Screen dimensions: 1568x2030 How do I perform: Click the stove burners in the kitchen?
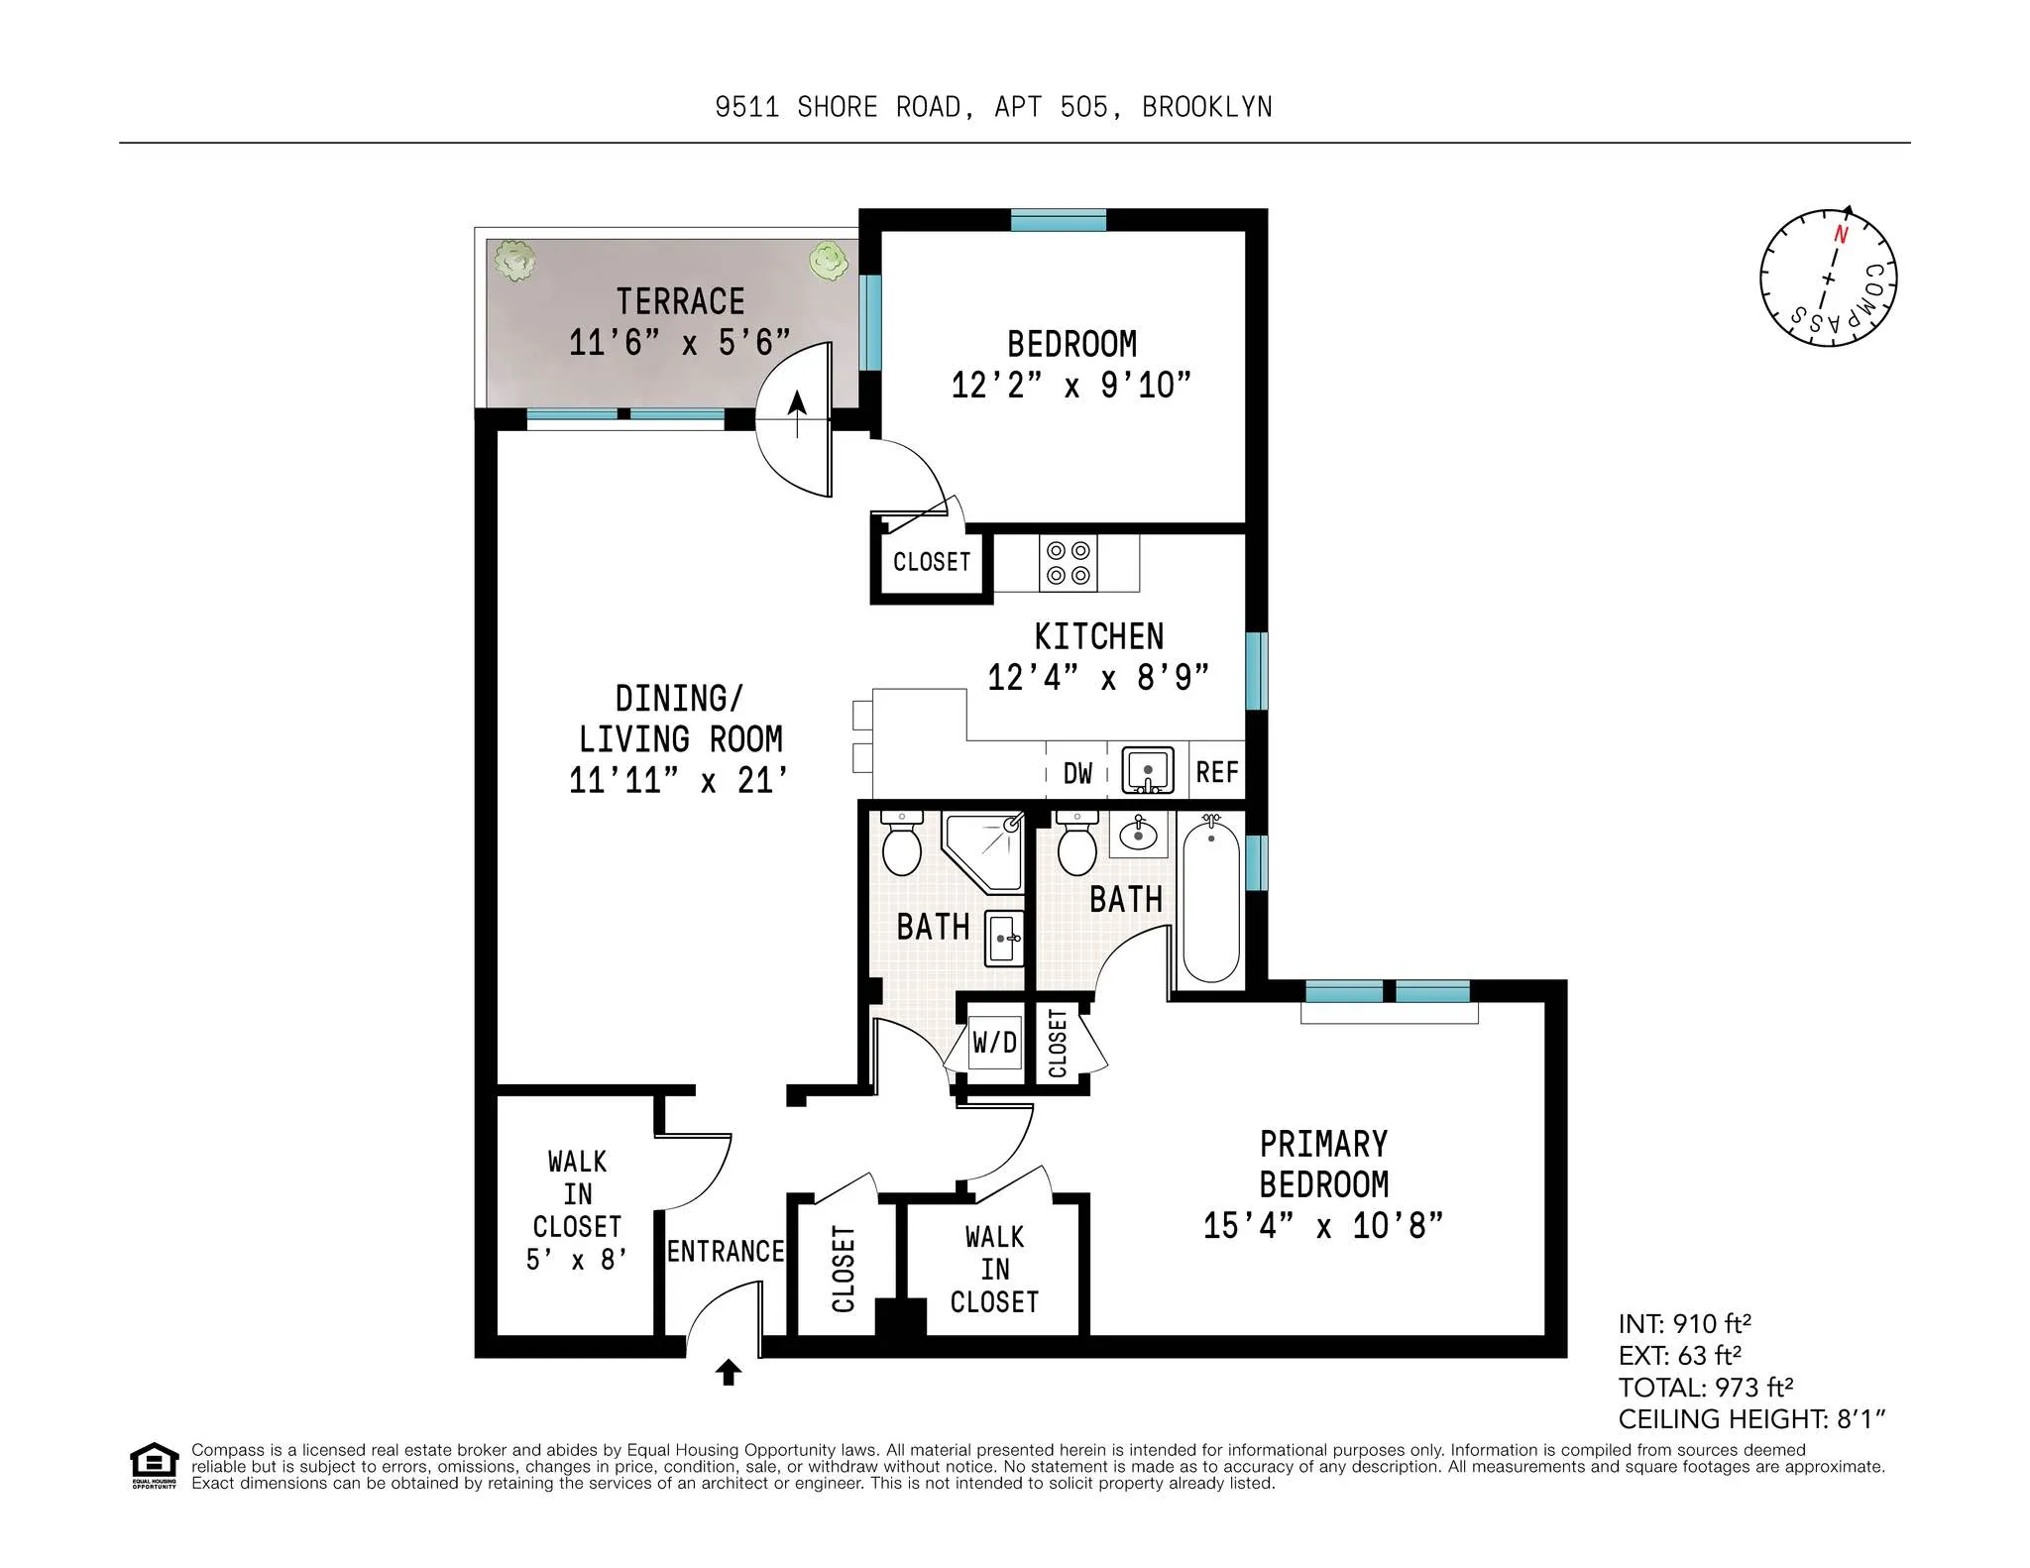(x=1069, y=563)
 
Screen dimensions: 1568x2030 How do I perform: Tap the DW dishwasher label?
(x=1077, y=773)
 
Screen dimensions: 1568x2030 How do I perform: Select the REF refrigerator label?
(x=1216, y=772)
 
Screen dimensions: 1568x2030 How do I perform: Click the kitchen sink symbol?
(x=1148, y=770)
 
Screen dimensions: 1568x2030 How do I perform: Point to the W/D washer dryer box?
(x=994, y=1042)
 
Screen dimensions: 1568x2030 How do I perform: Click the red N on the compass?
(x=1841, y=235)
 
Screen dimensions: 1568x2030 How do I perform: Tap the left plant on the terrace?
(x=514, y=261)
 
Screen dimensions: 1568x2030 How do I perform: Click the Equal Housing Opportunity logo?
(x=154, y=1465)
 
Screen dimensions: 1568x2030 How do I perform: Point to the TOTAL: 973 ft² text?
(x=1706, y=1387)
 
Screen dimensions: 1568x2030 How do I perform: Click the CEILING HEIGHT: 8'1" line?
(x=1751, y=1419)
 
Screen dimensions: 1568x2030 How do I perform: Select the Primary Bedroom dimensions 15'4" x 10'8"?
(x=1322, y=1226)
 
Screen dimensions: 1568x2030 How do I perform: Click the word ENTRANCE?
(x=725, y=1251)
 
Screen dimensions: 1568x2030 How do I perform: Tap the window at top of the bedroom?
(x=1058, y=220)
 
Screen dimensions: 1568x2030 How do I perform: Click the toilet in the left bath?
(x=901, y=844)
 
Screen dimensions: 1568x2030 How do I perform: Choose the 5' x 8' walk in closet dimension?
(x=576, y=1260)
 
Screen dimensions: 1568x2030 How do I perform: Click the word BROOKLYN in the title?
(x=1206, y=107)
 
